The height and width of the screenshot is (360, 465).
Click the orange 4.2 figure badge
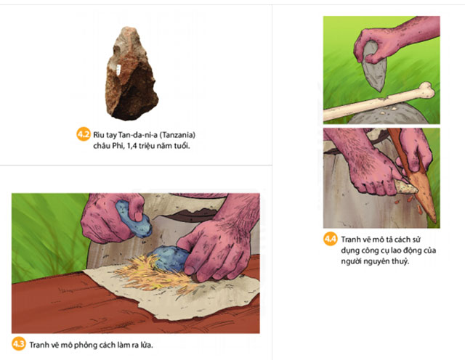click(84, 134)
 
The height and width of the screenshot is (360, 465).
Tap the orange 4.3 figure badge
click(19, 344)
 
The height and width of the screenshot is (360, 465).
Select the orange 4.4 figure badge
click(331, 239)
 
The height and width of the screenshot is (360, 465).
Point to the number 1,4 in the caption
click(131, 146)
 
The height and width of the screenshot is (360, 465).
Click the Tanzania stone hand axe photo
click(131, 73)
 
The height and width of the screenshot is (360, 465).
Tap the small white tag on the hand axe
click(119, 70)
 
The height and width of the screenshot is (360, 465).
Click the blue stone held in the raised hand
click(134, 219)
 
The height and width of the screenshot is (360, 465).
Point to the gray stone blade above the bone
click(374, 66)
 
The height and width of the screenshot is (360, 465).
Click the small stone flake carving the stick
click(405, 186)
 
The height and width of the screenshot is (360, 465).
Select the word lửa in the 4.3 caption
click(146, 345)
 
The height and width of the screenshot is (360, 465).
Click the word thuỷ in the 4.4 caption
click(401, 261)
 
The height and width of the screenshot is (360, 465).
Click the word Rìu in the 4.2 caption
click(99, 135)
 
